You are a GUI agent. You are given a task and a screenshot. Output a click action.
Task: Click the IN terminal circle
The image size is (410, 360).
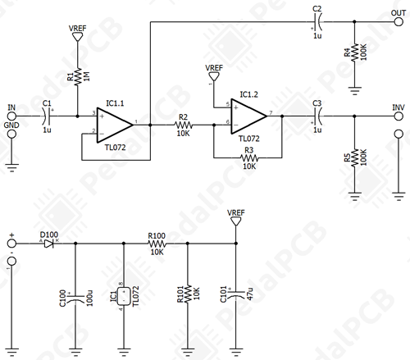coord(11,116)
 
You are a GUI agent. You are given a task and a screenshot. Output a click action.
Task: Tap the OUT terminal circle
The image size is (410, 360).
coord(399,21)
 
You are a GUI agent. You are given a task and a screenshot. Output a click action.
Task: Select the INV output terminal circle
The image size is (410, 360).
coord(399,116)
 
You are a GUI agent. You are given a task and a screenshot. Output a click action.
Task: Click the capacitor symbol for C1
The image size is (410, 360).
coord(47,116)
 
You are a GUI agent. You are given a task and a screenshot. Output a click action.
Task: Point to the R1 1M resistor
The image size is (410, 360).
coord(78,76)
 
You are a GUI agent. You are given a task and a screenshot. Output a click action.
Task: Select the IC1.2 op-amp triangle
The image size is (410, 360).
coord(249,116)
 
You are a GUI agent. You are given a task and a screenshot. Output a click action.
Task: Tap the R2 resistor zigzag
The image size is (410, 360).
coord(183,125)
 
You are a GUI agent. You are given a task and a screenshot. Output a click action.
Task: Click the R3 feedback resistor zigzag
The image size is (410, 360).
coord(249,158)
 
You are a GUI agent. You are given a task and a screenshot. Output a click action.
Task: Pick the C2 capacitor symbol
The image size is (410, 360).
coord(317,21)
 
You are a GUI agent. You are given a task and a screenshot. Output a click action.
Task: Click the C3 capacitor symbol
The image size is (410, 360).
coord(317,116)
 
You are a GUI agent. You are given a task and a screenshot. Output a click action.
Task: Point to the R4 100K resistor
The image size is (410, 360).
coord(354,52)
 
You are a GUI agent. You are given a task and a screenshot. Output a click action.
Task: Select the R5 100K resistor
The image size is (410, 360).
coord(354,157)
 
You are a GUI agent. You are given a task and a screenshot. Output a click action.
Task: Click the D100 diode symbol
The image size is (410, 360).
coord(48,244)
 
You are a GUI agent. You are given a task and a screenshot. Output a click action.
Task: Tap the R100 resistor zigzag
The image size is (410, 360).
coord(157,244)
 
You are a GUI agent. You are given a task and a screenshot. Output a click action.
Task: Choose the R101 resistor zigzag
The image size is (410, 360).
coord(188,294)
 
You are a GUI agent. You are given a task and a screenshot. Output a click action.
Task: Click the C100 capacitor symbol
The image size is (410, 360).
coord(75,298)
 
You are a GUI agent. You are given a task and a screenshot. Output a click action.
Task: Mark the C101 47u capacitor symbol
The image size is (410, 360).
coord(236,294)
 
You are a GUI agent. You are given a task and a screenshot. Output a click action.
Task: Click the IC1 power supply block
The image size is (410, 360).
coord(124,296)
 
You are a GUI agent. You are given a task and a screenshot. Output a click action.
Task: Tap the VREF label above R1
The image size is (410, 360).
coord(78,28)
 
